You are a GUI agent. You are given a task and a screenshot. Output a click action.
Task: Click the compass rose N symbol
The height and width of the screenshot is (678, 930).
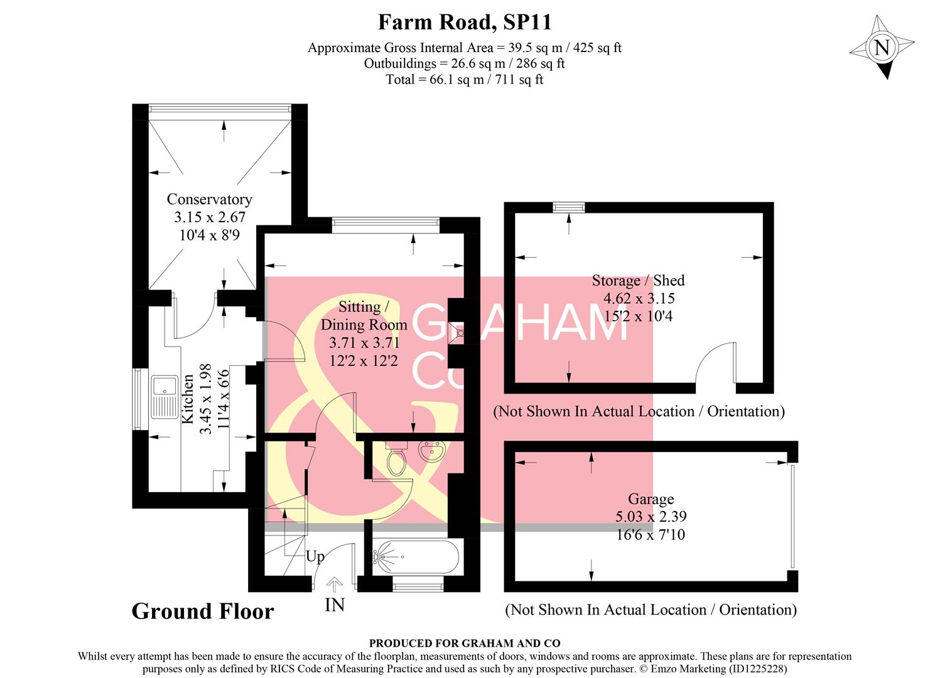click(x=882, y=48)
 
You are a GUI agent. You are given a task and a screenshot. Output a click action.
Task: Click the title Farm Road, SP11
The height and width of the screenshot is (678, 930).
click(x=465, y=22)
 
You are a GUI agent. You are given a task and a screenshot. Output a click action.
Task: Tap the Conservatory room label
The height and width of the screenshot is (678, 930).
click(x=209, y=200)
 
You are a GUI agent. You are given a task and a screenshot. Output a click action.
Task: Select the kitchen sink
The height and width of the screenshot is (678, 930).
click(x=165, y=396)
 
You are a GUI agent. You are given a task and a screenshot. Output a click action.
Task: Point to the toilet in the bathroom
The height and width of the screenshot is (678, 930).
click(x=396, y=460)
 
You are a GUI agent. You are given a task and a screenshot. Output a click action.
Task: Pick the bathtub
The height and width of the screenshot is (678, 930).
click(x=411, y=556)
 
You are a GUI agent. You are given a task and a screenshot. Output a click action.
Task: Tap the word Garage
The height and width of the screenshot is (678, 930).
click(x=651, y=499)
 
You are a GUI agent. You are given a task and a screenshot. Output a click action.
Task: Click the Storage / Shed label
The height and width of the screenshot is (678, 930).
click(x=638, y=281)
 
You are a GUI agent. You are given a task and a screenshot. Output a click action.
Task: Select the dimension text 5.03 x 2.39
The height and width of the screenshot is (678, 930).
click(x=651, y=517)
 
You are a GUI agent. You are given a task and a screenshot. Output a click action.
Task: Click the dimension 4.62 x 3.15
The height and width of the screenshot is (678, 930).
click(x=638, y=298)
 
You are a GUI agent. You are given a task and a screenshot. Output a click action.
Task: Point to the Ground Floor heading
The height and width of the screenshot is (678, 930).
click(x=203, y=611)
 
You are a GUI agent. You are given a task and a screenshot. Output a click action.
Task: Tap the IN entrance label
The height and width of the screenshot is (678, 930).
click(x=335, y=605)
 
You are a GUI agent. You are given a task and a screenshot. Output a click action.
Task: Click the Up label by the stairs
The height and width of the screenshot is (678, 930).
click(x=315, y=557)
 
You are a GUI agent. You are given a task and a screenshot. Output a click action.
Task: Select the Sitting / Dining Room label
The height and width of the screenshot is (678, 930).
click(x=364, y=316)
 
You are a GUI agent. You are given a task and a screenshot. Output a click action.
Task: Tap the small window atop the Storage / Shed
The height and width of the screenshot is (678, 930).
click(x=569, y=207)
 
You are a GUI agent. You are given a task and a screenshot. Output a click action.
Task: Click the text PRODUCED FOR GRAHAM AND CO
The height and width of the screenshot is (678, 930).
click(x=465, y=643)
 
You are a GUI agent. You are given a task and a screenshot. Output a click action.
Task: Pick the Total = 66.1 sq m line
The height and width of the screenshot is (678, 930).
click(x=465, y=80)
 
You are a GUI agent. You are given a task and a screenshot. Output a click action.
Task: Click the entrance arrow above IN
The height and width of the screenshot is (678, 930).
click(x=335, y=584)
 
